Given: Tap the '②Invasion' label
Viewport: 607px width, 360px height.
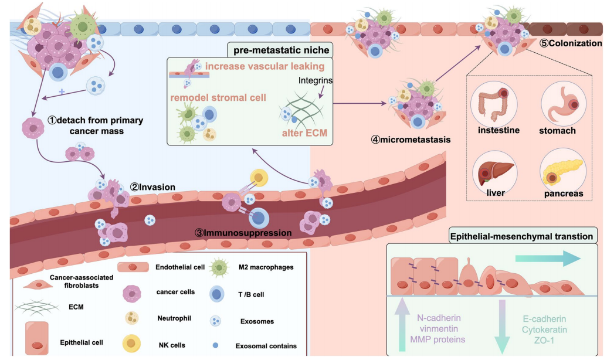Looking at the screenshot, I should pyautogui.click(x=152, y=187).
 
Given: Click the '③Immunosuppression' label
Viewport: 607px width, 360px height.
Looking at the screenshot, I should pyautogui.click(x=243, y=232).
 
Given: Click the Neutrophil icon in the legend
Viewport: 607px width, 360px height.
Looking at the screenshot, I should pyautogui.click(x=132, y=319).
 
